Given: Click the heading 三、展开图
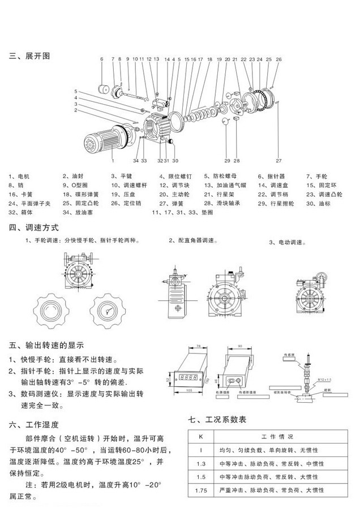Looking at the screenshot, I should (x=30, y=57).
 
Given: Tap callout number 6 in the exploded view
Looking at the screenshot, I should (x=102, y=59).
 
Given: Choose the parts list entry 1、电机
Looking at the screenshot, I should (x=20, y=176).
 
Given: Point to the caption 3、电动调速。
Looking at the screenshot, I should (x=292, y=242).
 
